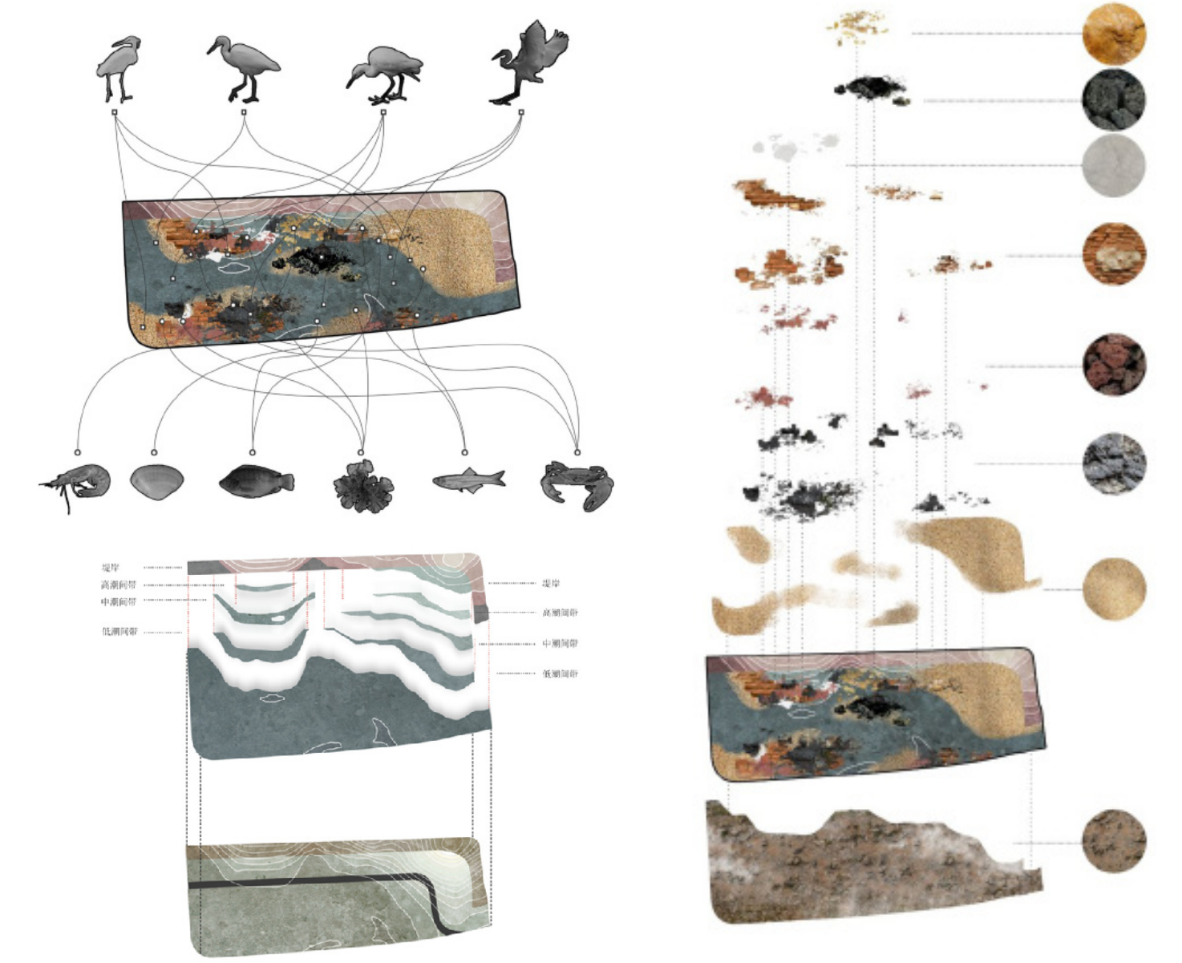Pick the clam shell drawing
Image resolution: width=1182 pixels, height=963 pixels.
click(x=156, y=482)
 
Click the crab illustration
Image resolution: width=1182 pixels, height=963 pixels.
click(x=578, y=484)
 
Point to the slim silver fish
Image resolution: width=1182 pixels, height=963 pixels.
click(x=468, y=479)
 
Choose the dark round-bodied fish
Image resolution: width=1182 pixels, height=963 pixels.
click(x=256, y=481)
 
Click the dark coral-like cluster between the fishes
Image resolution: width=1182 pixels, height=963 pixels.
click(x=363, y=487)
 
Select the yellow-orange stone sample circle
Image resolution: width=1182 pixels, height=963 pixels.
click(x=1113, y=33)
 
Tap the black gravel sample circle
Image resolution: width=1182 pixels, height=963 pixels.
click(x=1113, y=100)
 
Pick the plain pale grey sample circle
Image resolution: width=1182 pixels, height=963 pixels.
click(x=1113, y=166)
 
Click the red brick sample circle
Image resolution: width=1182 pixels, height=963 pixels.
click(x=1113, y=255)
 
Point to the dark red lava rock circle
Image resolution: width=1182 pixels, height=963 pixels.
click(x=1113, y=366)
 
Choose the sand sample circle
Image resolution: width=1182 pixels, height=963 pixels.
click(x=1113, y=589)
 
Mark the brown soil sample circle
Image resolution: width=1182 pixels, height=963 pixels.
click(x=1113, y=841)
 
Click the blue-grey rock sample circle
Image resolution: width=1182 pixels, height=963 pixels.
click(x=1113, y=463)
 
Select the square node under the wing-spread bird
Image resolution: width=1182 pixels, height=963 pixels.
click(x=521, y=112)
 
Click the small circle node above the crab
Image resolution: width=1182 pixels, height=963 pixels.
click(x=577, y=453)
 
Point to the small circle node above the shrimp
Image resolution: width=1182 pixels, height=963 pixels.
click(x=78, y=453)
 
